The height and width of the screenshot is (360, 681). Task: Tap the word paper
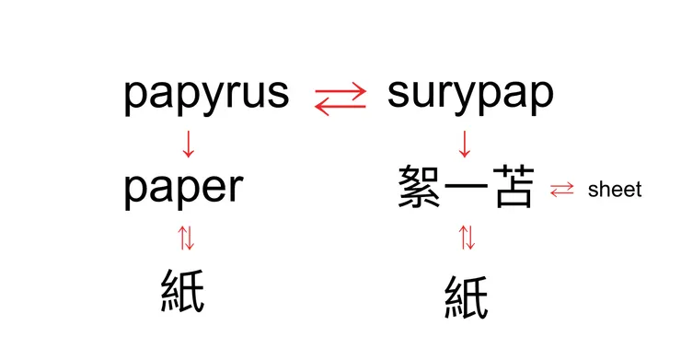183,188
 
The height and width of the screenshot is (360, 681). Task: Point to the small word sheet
614,191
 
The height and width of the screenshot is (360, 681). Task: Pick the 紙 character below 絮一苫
467,296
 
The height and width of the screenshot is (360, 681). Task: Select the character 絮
420,188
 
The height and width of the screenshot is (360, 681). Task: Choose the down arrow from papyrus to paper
188,144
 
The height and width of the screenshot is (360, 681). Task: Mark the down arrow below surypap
465,144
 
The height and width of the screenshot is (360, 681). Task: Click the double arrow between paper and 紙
187,239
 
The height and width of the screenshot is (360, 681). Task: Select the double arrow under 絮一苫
467,238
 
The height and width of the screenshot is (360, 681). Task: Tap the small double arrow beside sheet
560,191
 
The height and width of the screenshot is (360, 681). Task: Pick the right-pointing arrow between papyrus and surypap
340,89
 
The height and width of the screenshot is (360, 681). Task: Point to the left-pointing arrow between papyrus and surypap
340,106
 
